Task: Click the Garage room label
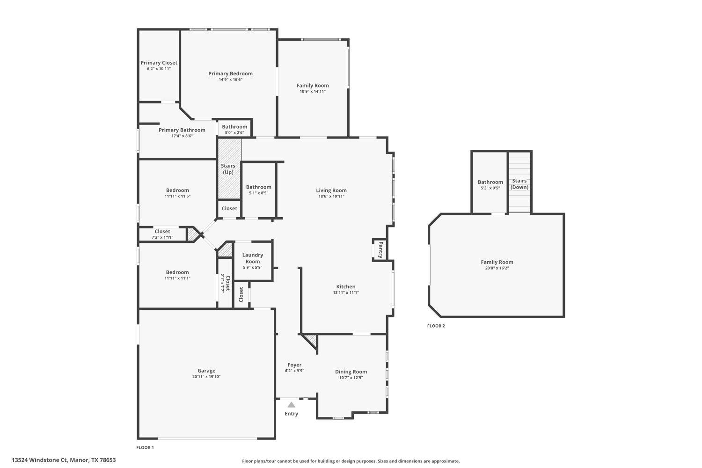tap(206, 371)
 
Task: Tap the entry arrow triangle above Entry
tap(292, 405)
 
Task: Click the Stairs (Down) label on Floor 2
tap(519, 184)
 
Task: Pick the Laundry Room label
tap(253, 258)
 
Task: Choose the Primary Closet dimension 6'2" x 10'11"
tap(159, 69)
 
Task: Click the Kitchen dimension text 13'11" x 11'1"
tap(346, 292)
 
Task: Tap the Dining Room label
tap(351, 372)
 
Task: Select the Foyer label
tap(294, 365)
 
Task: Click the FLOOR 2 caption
tap(436, 326)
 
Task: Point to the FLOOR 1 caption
tap(145, 447)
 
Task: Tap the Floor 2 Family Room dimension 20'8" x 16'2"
tap(497, 268)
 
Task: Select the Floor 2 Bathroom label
tap(490, 182)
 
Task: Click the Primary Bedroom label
tap(230, 73)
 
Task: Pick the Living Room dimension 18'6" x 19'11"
tap(331, 196)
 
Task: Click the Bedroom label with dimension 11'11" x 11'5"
tap(177, 190)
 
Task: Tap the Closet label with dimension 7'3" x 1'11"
tap(162, 231)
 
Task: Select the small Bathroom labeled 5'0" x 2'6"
tap(234, 127)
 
